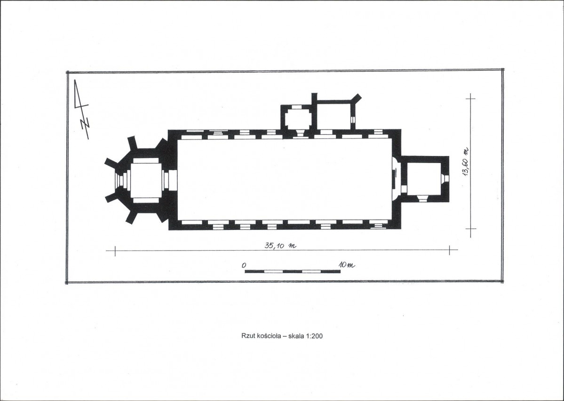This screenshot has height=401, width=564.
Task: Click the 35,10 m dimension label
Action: pos(280,246)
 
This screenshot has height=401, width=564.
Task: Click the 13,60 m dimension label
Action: pos(466,162)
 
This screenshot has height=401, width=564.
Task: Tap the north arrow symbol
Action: pos(81,109)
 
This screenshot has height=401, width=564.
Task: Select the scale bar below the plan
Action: pos(293,271)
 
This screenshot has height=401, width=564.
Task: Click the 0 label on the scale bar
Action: pos(244,265)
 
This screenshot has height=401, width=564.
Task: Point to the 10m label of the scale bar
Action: pos(347,265)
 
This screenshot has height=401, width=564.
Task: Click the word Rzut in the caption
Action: pos(248,336)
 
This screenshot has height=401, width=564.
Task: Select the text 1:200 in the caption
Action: pos(314,336)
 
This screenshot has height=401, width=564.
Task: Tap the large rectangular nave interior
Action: pos(285,179)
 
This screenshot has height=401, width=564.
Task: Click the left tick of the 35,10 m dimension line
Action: pos(115,250)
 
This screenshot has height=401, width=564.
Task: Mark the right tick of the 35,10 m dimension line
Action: pos(449,250)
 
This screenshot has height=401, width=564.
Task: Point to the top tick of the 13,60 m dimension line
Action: pos(470,98)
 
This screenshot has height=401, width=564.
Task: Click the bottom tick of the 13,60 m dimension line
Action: pos(470,229)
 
